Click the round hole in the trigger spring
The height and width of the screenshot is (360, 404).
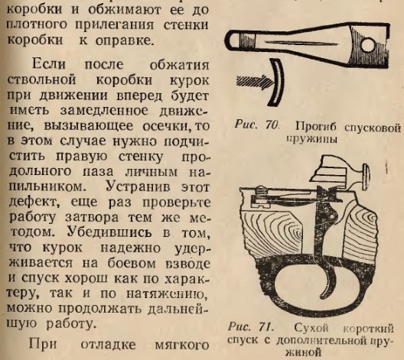[x=368, y=46]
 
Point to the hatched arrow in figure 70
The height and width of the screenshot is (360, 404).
[x=255, y=83]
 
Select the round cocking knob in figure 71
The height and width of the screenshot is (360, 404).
[x=366, y=177]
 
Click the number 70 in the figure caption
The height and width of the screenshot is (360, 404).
[x=272, y=125]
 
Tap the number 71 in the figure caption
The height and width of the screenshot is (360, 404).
[x=266, y=327]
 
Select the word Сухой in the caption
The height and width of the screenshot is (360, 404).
[x=311, y=328]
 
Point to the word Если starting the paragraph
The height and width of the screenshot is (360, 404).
[x=49, y=63]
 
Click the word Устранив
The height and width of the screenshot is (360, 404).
[x=138, y=186]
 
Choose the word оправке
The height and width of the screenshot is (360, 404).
[x=125, y=41]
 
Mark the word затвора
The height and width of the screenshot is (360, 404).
[x=92, y=217]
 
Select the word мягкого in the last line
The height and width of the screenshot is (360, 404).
[x=181, y=345]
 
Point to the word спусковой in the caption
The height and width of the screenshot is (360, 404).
[x=373, y=126]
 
